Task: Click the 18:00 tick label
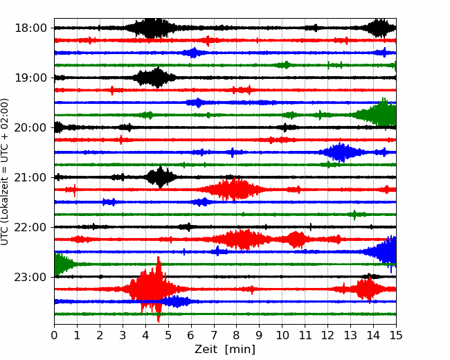click(30, 28)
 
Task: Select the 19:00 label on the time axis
click(30, 78)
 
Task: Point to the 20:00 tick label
click(30, 127)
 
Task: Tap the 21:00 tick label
click(30, 177)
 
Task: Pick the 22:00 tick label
click(30, 227)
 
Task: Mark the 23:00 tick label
click(30, 277)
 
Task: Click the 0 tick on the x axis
click(54, 335)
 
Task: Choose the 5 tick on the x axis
click(168, 335)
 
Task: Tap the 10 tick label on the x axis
click(282, 335)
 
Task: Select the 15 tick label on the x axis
click(396, 335)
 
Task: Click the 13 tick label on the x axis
click(350, 335)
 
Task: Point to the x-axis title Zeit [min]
click(225, 350)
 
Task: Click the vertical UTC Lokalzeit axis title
click(5, 172)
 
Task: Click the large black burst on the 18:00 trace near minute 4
click(151, 28)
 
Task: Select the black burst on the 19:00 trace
click(156, 78)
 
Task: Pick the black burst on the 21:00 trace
click(160, 177)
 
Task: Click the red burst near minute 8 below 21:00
click(235, 190)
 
